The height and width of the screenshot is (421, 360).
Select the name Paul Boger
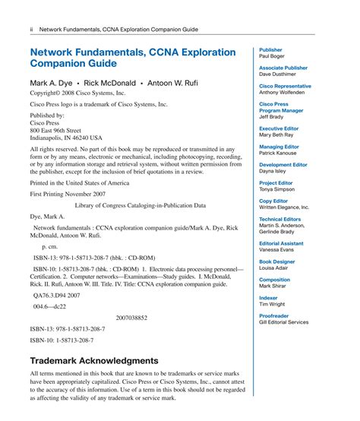click(x=273, y=56)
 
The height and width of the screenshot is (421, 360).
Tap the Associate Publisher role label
click(x=283, y=68)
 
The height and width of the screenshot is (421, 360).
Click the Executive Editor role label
click(x=280, y=128)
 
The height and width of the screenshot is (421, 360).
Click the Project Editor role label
click(x=276, y=183)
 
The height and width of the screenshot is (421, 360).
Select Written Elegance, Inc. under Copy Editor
click(x=284, y=207)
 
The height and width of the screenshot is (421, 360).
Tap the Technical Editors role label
click(x=280, y=219)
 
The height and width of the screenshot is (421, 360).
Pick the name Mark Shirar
click(x=273, y=286)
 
